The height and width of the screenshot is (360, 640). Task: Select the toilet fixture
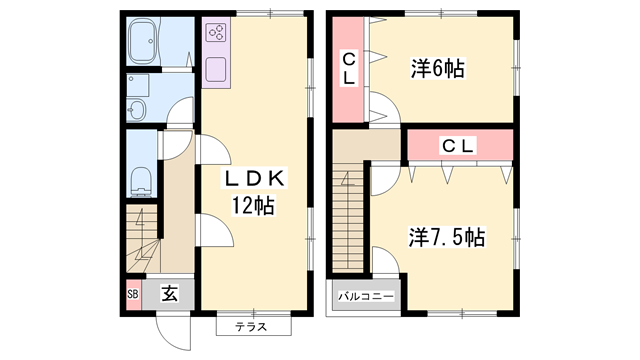[141, 180]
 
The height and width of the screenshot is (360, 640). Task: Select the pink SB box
[132, 295]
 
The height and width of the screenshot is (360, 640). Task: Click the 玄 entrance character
[169, 295]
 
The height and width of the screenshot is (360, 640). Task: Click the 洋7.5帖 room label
[446, 238]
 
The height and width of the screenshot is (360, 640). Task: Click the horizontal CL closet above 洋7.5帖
[459, 146]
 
